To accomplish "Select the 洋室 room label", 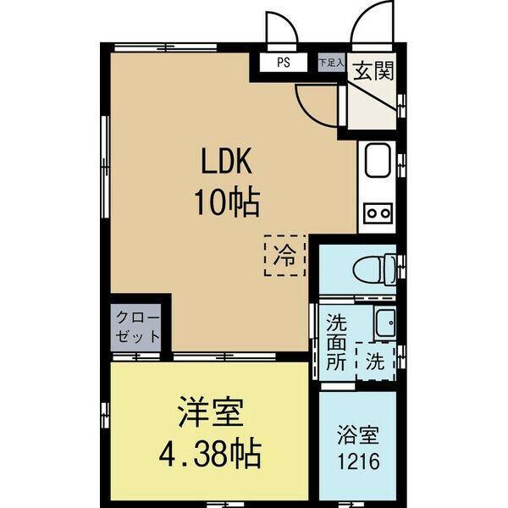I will pyautogui.click(x=210, y=415).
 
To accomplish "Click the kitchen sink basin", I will pyautogui.click(x=376, y=161).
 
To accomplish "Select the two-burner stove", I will pyautogui.click(x=376, y=213).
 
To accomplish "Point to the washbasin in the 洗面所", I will pyautogui.click(x=385, y=323).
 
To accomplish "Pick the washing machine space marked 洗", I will pyautogui.click(x=375, y=361).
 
